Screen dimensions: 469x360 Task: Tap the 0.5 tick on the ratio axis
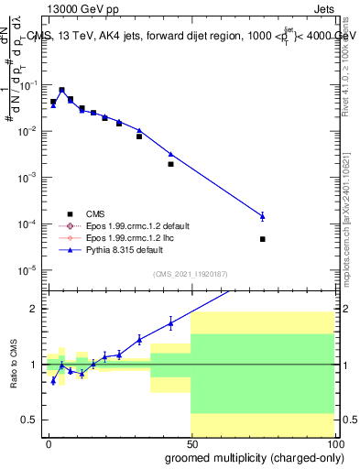28,420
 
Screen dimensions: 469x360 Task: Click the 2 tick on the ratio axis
33,309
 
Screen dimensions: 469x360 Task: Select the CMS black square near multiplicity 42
171,164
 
